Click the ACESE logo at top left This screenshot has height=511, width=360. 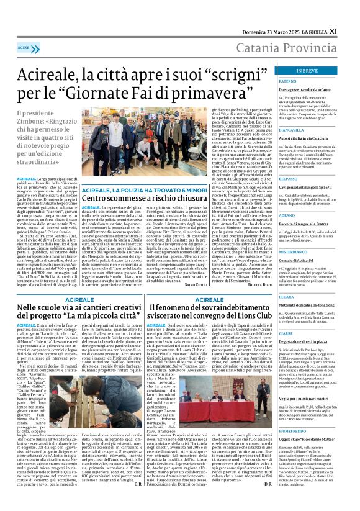[x=25, y=47]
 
